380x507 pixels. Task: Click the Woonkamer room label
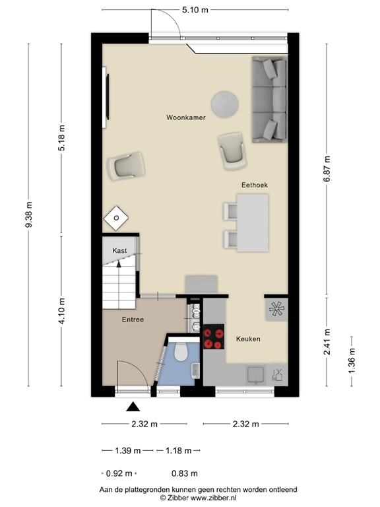pyautogui.click(x=185, y=118)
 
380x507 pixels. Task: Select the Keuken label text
pyautogui.click(x=248, y=339)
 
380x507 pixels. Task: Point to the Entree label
pyautogui.click(x=133, y=320)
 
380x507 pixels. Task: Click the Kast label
pyautogui.click(x=119, y=251)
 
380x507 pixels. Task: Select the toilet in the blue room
pyautogui.click(x=181, y=353)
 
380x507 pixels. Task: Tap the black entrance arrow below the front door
pyautogui.click(x=133, y=407)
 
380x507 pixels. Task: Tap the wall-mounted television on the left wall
pyautogui.click(x=106, y=98)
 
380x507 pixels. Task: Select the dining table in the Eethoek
pyautogui.click(x=254, y=223)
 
